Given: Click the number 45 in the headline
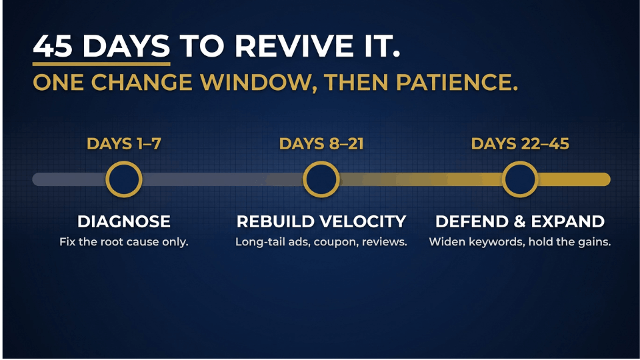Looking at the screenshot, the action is click(53, 45).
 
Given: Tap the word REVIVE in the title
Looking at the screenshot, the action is click(294, 45).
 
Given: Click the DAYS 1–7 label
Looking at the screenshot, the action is click(124, 144).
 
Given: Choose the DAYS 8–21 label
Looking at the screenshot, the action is click(321, 144).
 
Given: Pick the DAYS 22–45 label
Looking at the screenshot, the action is click(520, 144).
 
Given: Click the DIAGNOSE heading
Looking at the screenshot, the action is click(124, 221).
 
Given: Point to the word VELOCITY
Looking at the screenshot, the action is click(363, 221).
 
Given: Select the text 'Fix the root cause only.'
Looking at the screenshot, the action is click(124, 241).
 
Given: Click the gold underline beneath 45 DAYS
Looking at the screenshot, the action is click(101, 64).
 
